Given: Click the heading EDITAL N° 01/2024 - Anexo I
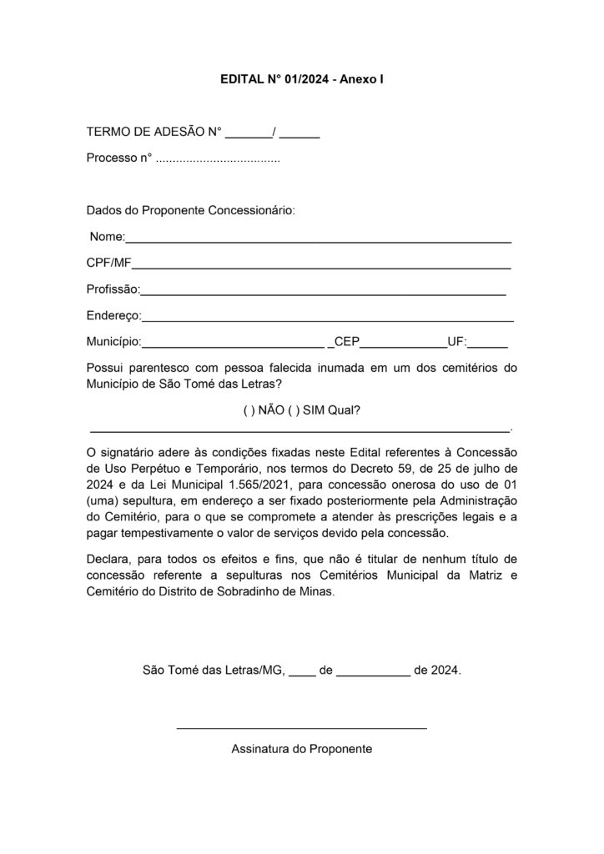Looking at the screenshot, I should click(x=301, y=81).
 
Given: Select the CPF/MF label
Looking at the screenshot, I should click(x=108, y=264).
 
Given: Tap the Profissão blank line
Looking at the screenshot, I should click(x=324, y=294).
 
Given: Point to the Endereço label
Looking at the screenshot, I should click(x=113, y=316).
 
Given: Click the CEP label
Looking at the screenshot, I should click(x=346, y=342).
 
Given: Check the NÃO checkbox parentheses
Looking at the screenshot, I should click(x=247, y=411).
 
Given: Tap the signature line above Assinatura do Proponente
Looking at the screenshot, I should click(x=301, y=728).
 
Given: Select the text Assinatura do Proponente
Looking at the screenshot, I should click(x=301, y=749).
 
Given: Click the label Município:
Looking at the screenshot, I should click(x=113, y=342).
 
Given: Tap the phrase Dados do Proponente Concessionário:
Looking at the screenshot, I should click(x=190, y=210).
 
